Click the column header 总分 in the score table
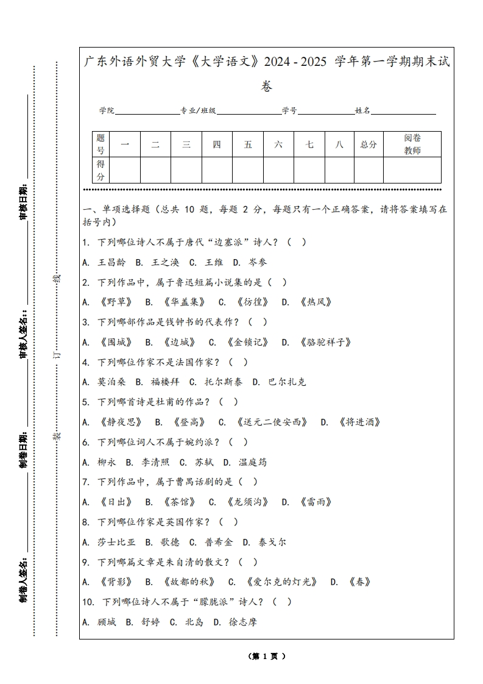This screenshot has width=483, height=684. coord(368,144)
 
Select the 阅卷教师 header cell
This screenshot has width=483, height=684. coord(412,144)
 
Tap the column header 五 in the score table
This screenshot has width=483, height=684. coord(248,144)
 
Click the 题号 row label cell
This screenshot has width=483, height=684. coord(100,144)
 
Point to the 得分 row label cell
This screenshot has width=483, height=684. coord(100,170)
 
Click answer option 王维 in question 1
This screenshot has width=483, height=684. coord(214,262)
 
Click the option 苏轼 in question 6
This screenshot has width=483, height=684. coord(203,462)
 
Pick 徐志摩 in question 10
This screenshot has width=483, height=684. coord(242,622)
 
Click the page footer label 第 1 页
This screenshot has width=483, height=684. coord(267,657)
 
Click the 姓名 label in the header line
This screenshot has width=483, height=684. coord(362,110)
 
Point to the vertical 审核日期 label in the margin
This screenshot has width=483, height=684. coord(24,201)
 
